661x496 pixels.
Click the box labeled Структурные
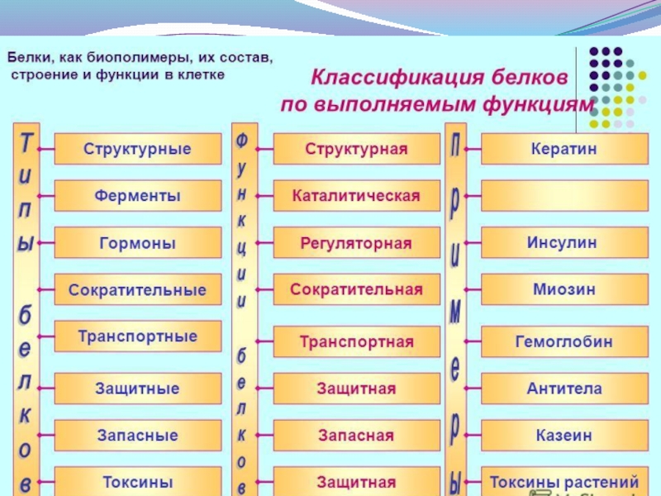(x=137, y=150)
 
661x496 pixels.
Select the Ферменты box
(x=137, y=197)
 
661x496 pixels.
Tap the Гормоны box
(x=137, y=244)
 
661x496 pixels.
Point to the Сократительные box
(x=137, y=290)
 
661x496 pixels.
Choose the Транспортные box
(x=137, y=337)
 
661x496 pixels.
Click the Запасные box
(x=137, y=435)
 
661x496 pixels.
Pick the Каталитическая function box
(x=356, y=197)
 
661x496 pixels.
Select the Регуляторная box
(x=356, y=244)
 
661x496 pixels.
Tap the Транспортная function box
(x=356, y=341)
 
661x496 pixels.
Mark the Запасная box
(x=356, y=435)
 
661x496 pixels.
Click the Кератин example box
(x=564, y=150)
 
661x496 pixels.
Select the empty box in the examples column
(x=564, y=197)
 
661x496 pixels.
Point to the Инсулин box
(x=564, y=244)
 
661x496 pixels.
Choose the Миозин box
(x=564, y=290)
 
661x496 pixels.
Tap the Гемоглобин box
(x=564, y=341)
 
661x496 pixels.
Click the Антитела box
(x=564, y=388)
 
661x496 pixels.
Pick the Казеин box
(x=564, y=435)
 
